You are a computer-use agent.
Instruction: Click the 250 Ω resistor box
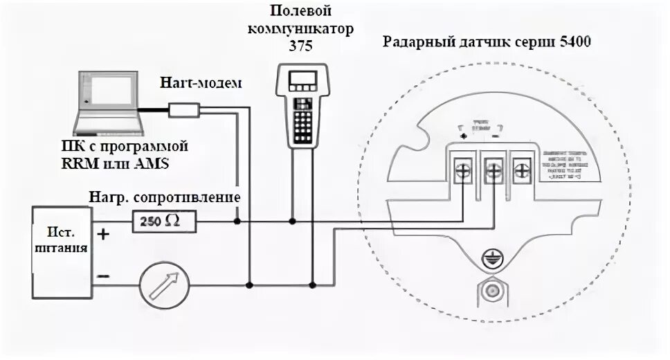coord(163,222)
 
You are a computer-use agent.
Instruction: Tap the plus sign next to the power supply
coord(103,234)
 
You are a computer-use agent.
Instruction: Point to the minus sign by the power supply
coord(102,276)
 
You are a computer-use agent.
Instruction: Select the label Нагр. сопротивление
coord(165,197)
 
